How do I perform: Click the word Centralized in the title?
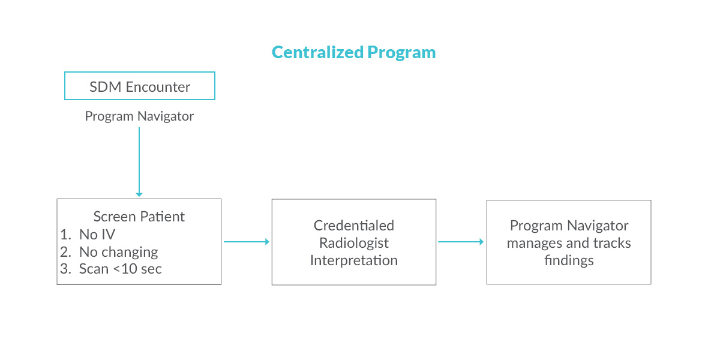point(319,52)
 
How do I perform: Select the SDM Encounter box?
point(140,86)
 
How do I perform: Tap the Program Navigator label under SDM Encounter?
point(139,116)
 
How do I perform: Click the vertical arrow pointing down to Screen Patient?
point(139,162)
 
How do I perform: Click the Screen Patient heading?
point(139,217)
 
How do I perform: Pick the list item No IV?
point(88,235)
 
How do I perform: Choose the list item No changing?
point(109,252)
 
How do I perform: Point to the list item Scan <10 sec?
point(110,269)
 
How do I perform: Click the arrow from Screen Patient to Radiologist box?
point(247,242)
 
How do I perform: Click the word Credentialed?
point(354,226)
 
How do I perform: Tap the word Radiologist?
point(354,243)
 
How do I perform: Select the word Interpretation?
point(354,260)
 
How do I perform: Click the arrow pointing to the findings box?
point(461,242)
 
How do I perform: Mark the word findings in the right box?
point(569,260)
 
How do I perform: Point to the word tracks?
point(612,243)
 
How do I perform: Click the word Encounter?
point(158,87)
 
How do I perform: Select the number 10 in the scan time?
point(129,269)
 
